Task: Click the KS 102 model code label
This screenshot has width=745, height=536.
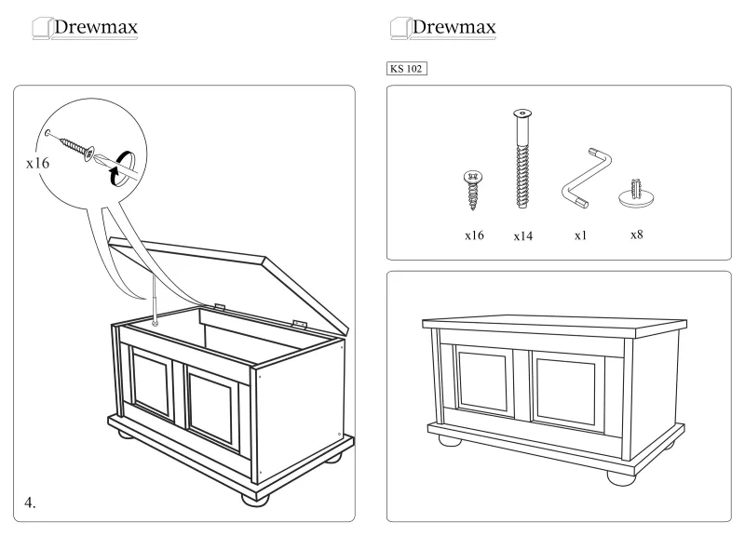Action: point(406,68)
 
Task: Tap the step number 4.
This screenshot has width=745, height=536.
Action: point(30,502)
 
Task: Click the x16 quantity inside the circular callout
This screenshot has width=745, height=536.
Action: point(37,163)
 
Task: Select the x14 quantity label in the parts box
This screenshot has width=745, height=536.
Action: point(522,236)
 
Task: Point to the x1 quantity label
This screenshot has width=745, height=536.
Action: point(580,235)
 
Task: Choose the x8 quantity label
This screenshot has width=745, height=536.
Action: point(637,234)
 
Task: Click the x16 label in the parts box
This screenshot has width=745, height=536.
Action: point(474,235)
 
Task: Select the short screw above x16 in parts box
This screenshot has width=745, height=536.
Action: point(474,188)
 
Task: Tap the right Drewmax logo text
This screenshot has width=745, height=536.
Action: point(453,27)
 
